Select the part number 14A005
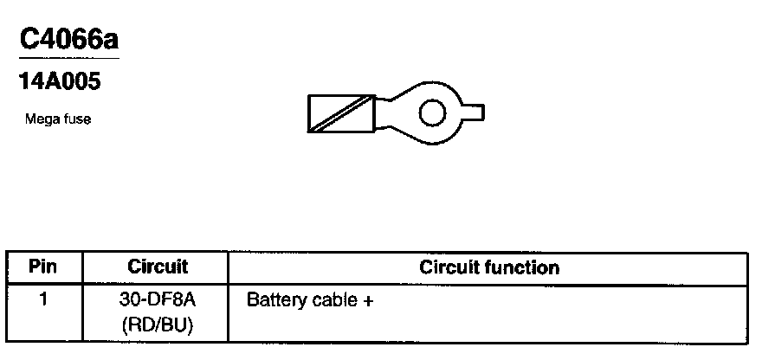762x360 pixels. pyautogui.click(x=60, y=83)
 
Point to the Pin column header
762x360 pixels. pyautogui.click(x=42, y=267)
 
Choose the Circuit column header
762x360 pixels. pyautogui.click(x=157, y=267)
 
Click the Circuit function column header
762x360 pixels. pyautogui.click(x=488, y=267)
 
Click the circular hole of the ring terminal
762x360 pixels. pyautogui.click(x=431, y=112)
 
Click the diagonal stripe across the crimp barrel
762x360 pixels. pyautogui.click(x=339, y=112)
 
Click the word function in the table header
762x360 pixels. pyautogui.click(x=526, y=267)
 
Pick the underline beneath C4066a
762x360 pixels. pyautogui.click(x=68, y=58)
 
